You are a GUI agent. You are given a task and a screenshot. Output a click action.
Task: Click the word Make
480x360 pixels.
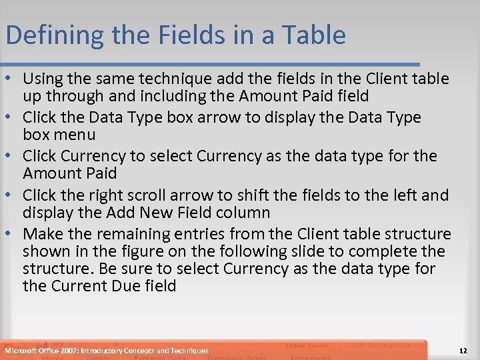43,234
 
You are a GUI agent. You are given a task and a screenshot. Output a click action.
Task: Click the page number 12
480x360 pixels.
464,350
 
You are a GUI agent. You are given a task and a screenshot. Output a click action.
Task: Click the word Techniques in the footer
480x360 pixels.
189,350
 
